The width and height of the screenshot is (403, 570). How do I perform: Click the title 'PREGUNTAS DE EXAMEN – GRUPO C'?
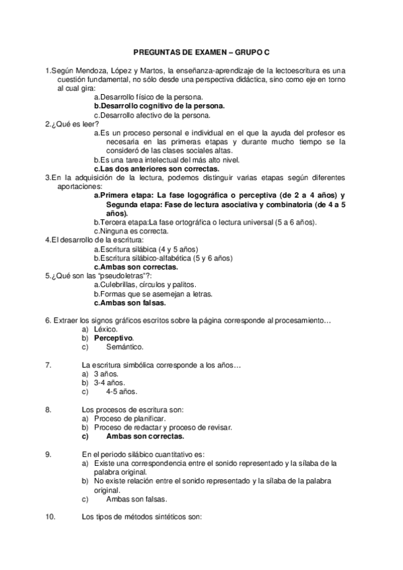click(201, 51)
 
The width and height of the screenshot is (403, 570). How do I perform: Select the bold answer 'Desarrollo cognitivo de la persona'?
click(161, 106)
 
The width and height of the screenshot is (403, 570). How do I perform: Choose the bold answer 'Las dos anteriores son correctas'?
click(156, 169)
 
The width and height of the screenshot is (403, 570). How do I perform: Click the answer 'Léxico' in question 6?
click(105, 329)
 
